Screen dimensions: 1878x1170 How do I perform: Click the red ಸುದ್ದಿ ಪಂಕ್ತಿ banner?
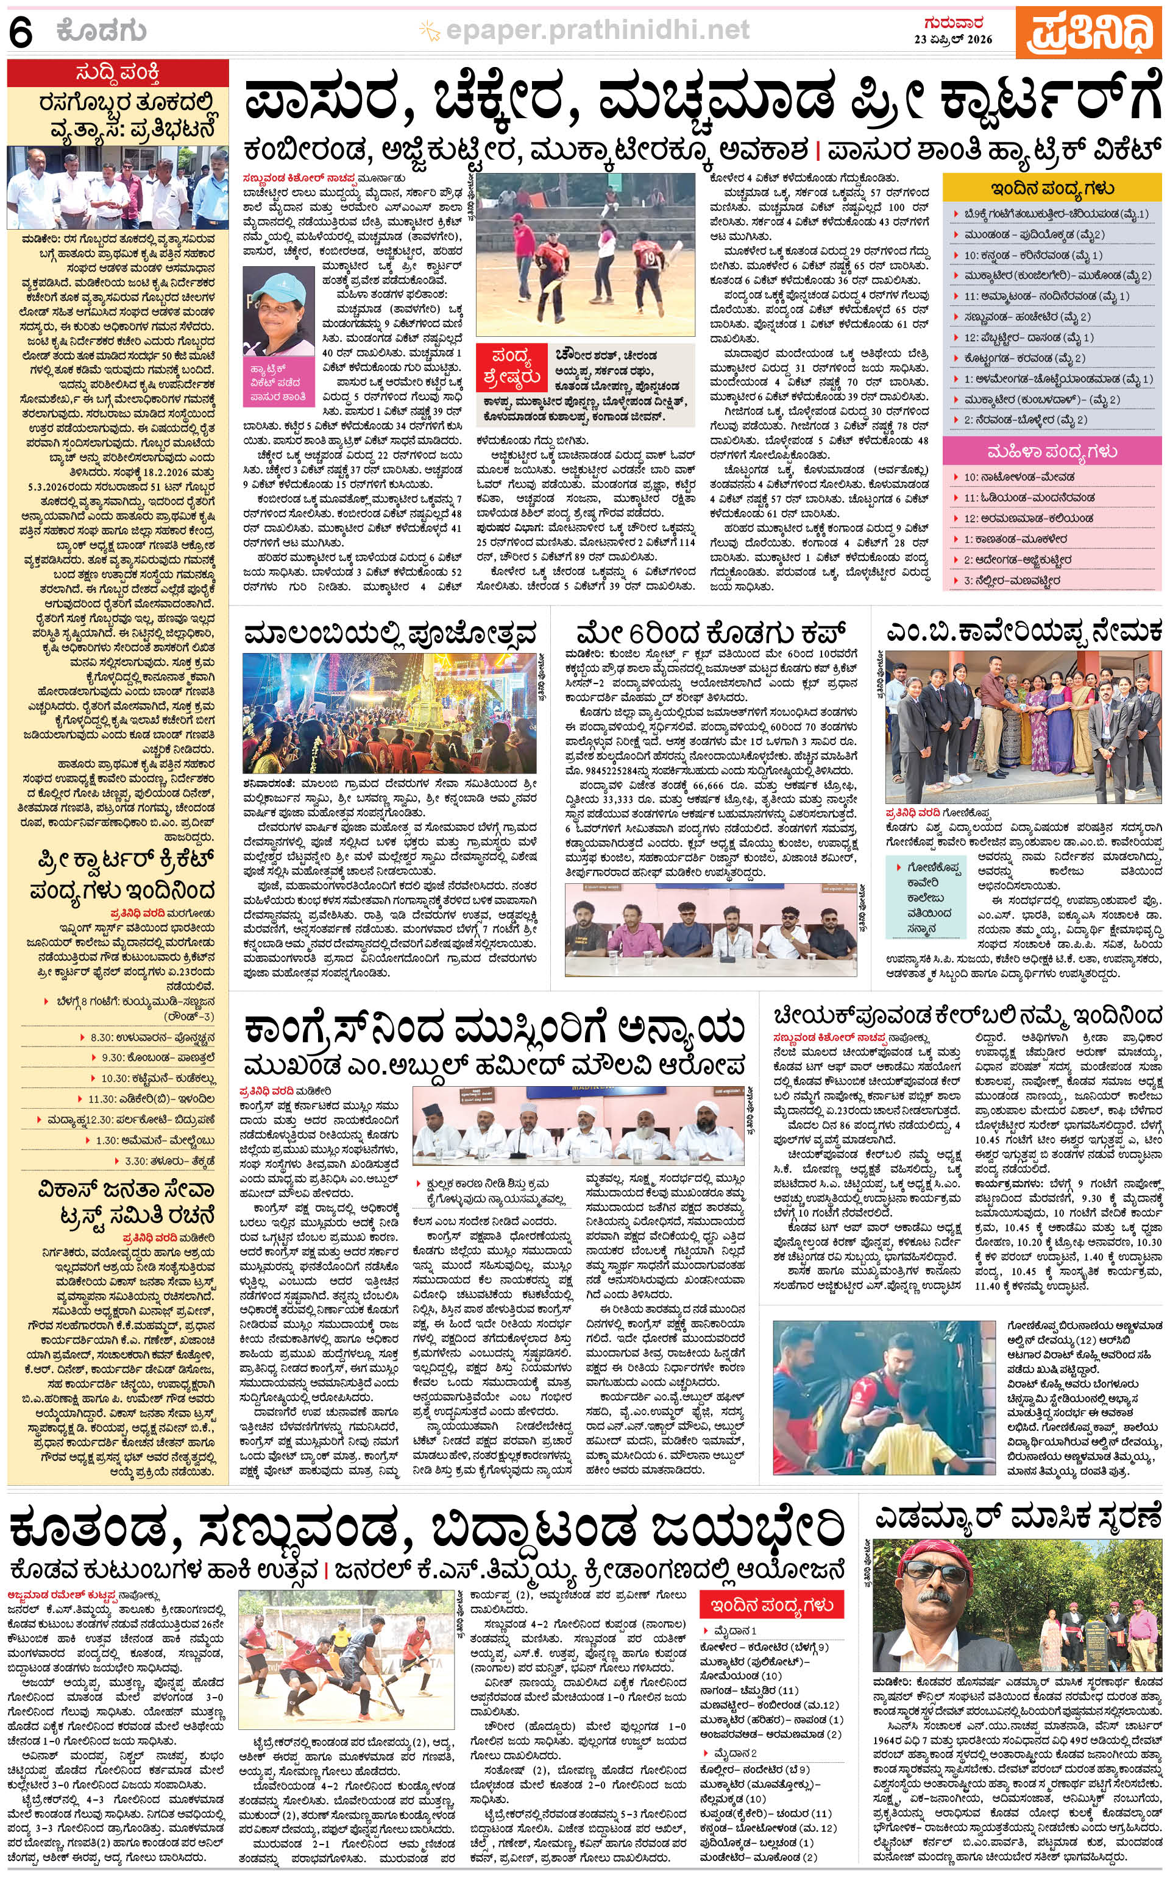tap(118, 74)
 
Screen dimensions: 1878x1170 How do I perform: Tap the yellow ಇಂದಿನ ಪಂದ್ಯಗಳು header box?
tap(1052, 189)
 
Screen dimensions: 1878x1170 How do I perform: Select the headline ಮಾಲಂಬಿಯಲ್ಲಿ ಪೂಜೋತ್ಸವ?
tap(390, 634)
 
